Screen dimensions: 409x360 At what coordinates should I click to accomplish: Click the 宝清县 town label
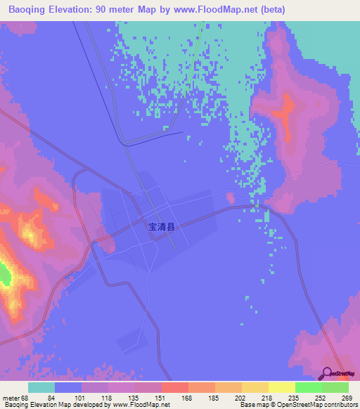[x=160, y=228]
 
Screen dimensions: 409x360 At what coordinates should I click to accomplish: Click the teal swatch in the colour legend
[x=41, y=387]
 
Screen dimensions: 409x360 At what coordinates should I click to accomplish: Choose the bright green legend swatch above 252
[x=309, y=387]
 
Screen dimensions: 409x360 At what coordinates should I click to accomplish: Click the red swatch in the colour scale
[x=175, y=387]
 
